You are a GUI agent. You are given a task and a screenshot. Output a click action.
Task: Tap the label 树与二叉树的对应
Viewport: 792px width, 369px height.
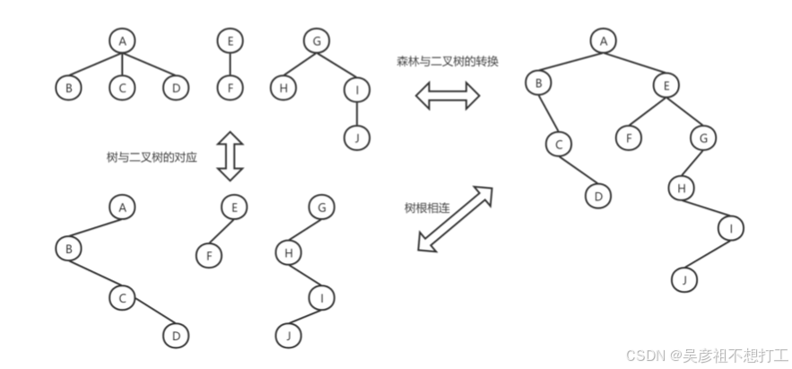[152, 156]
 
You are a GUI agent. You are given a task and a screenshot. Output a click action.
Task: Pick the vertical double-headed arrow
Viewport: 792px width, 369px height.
[231, 155]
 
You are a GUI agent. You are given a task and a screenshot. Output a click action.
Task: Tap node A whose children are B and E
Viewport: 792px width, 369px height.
[604, 40]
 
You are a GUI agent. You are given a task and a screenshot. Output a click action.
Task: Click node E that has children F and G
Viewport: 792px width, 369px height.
[666, 86]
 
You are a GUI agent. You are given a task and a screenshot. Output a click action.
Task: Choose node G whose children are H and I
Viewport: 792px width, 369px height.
[316, 40]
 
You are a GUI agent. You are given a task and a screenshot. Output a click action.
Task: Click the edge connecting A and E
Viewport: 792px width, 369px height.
[635, 63]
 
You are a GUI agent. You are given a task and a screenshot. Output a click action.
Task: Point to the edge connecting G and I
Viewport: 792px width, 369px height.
[336, 65]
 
